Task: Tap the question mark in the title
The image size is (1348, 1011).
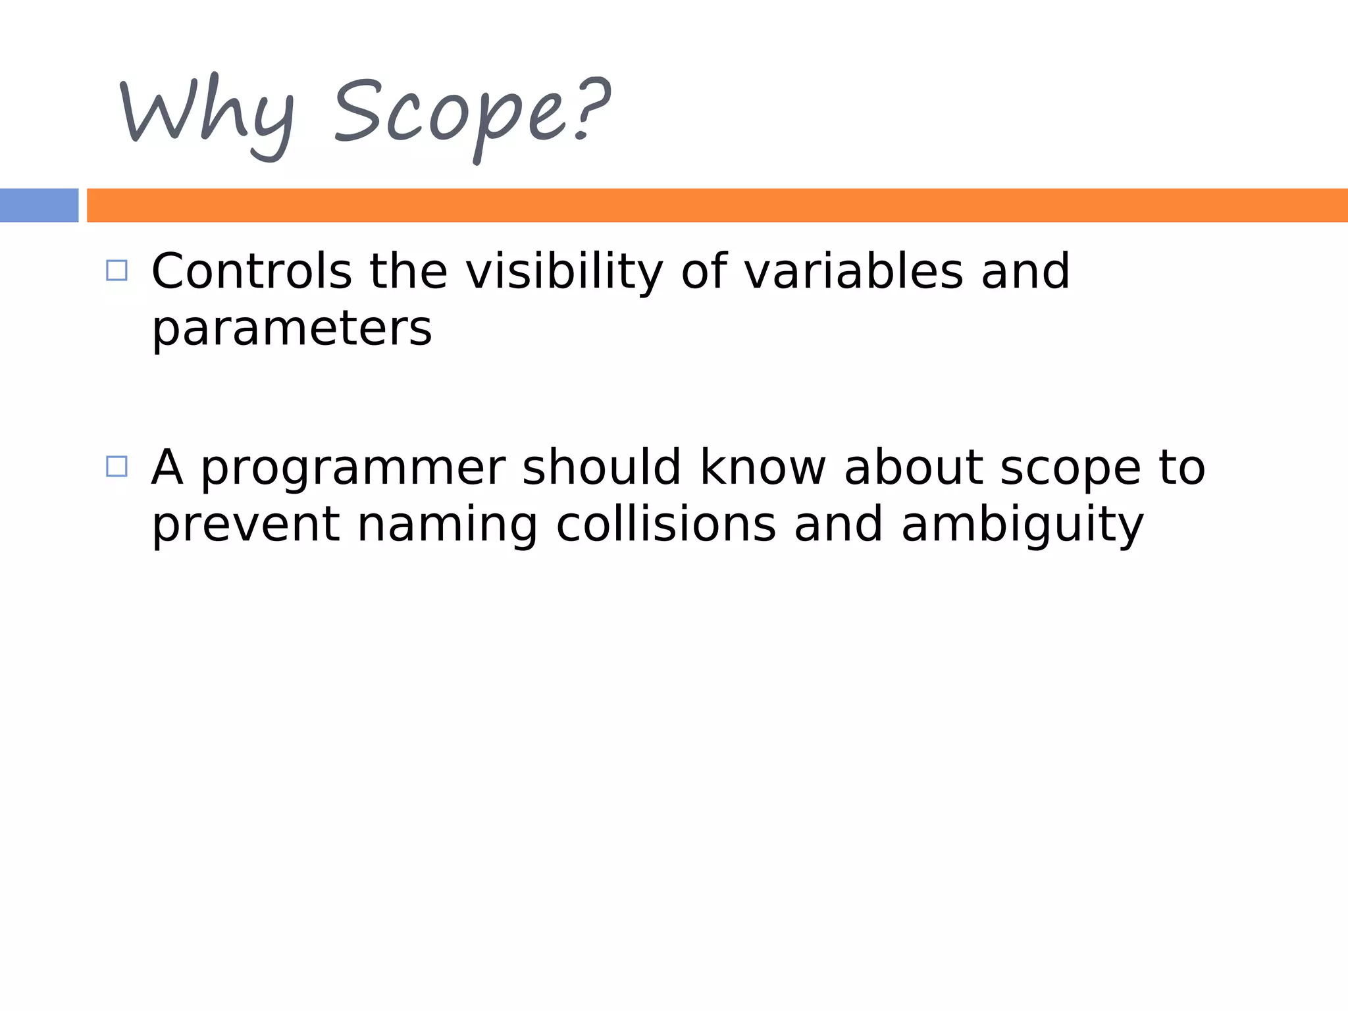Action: pos(590,109)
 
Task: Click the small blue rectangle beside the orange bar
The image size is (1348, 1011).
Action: pos(39,205)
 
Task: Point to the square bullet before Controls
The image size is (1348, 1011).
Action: pos(117,271)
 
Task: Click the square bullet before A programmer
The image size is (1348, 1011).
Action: pos(117,467)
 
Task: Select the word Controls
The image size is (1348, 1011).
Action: pos(252,271)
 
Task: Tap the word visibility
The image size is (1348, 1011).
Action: pos(564,271)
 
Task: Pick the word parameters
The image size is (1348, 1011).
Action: pos(292,329)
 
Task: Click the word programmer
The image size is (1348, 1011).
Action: pos(353,469)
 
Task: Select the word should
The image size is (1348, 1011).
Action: pos(601,467)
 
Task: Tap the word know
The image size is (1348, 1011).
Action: pos(762,467)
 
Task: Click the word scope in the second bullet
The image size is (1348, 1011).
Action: pos(1070,469)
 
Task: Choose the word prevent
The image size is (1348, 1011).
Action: pos(246,525)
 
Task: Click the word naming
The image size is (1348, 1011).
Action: pos(448,525)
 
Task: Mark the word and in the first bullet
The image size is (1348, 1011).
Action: pos(1025,271)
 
